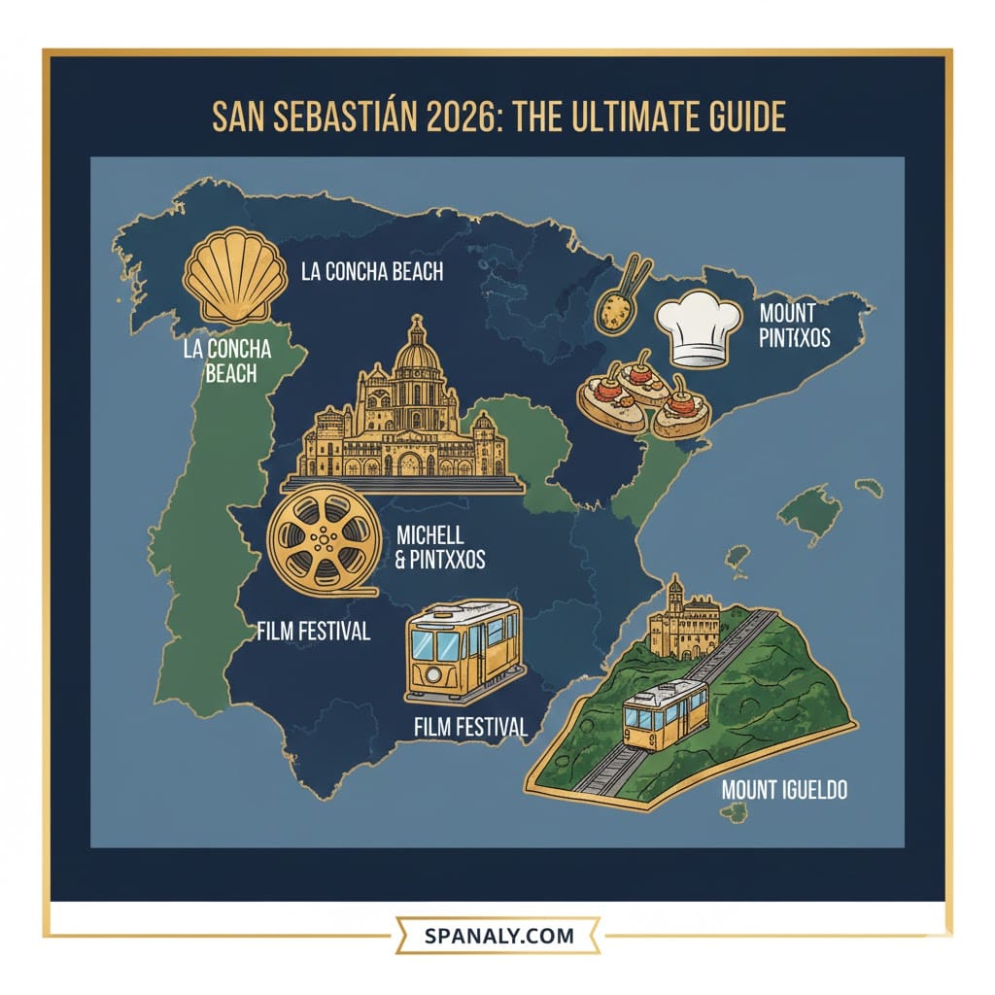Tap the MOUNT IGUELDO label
[x=784, y=789]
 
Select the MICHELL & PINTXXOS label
[x=439, y=547]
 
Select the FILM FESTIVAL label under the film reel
[x=313, y=632]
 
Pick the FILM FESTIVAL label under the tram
[x=470, y=726]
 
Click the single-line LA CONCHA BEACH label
[x=372, y=272]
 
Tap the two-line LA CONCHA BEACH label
[x=225, y=360]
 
